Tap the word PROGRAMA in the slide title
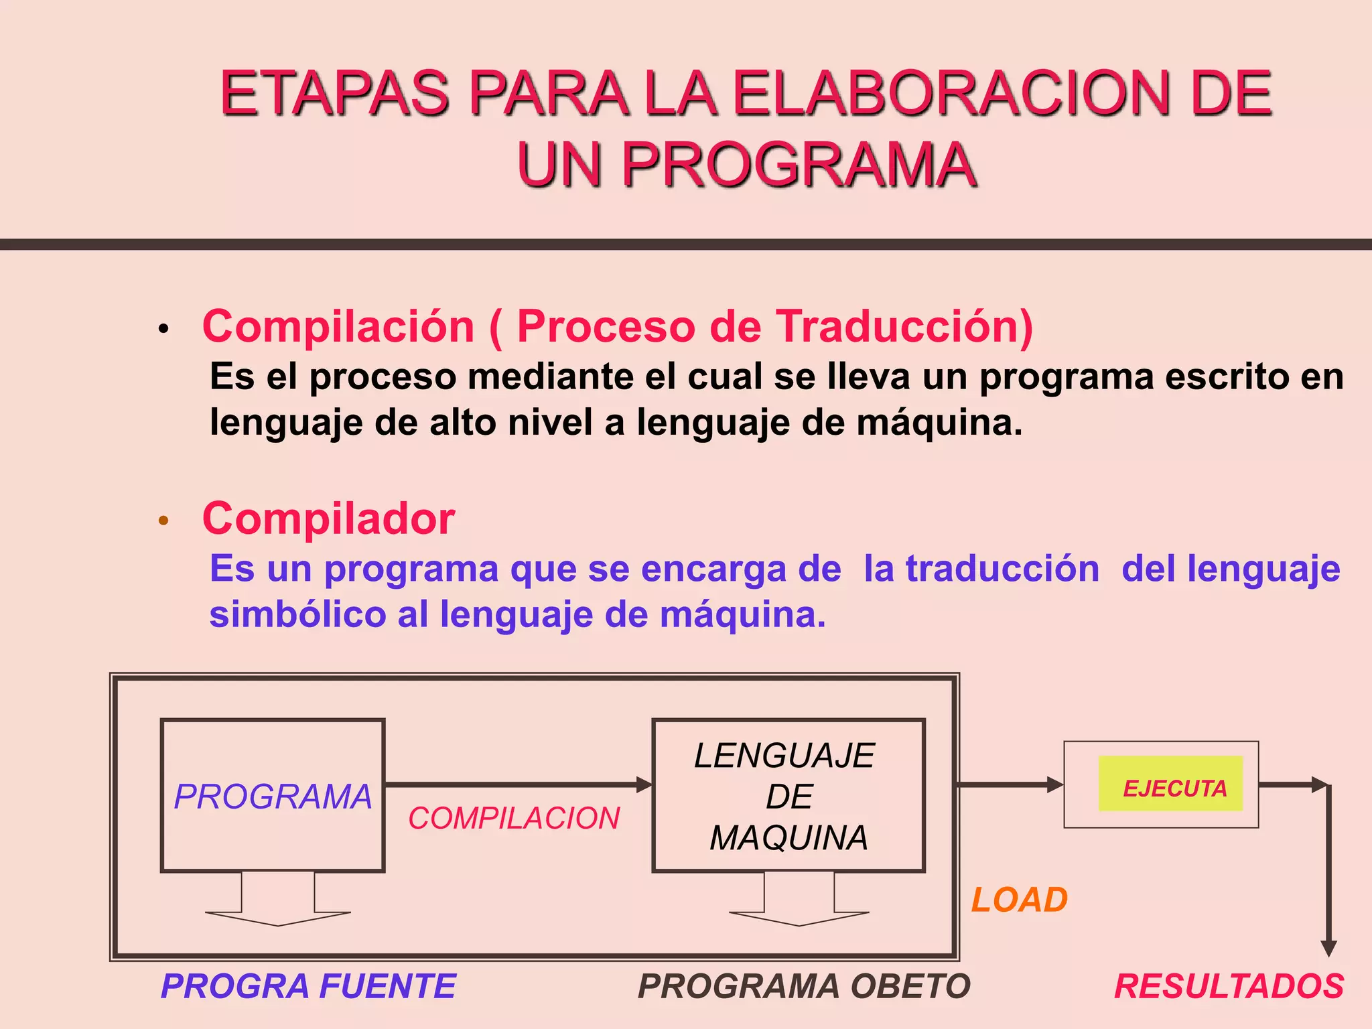pyautogui.click(x=799, y=165)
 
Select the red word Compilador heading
pyautogui.click(x=328, y=519)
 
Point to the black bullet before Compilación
pyautogui.click(x=163, y=329)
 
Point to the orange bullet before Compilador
pyautogui.click(x=163, y=521)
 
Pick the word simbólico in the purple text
pyautogui.click(x=297, y=614)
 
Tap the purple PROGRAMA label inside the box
pyautogui.click(x=273, y=797)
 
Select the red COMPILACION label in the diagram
pyautogui.click(x=514, y=818)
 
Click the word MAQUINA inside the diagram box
pyautogui.click(x=788, y=838)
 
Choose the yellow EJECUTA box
pyautogui.click(x=1170, y=784)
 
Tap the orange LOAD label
pyautogui.click(x=1020, y=900)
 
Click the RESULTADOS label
pyautogui.click(x=1229, y=986)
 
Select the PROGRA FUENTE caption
pyautogui.click(x=308, y=986)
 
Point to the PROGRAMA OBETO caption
pyautogui.click(x=804, y=986)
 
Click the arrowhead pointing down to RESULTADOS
pyautogui.click(x=1328, y=948)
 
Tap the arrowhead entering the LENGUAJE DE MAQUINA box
pyautogui.click(x=644, y=784)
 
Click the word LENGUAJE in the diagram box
pyautogui.click(x=784, y=756)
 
